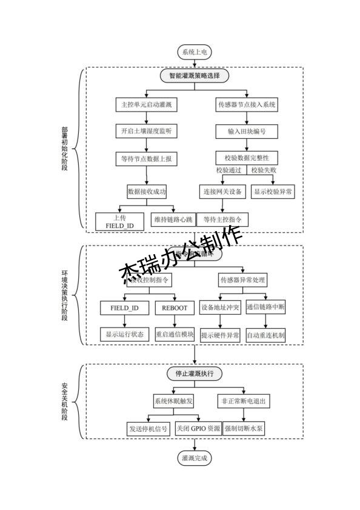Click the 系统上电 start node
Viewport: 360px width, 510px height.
pyautogui.click(x=194, y=53)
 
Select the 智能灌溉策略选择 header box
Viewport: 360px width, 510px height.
pyautogui.click(x=194, y=76)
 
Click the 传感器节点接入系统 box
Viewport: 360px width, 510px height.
pyautogui.click(x=247, y=104)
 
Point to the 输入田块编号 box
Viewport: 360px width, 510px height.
pyautogui.click(x=247, y=131)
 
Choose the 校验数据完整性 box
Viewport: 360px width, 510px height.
pyautogui.click(x=247, y=158)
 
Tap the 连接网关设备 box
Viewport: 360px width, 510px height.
pyautogui.click(x=221, y=192)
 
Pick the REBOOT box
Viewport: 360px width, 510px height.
pyautogui.click(x=175, y=308)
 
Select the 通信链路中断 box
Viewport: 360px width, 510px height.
pyautogui.click(x=266, y=307)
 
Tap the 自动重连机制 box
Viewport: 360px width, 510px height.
pyautogui.click(x=266, y=335)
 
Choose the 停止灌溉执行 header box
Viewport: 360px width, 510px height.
pyautogui.click(x=195, y=373)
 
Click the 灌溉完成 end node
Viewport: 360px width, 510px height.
pyautogui.click(x=194, y=458)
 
